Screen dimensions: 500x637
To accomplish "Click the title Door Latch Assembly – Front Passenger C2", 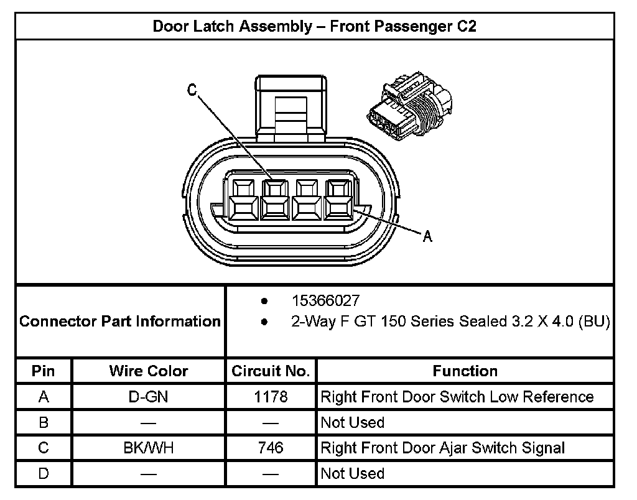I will [315, 27].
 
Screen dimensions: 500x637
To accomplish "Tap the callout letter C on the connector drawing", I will [192, 91].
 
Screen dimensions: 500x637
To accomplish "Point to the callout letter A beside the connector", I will [427, 236].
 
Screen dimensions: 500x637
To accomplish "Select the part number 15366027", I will [325, 301].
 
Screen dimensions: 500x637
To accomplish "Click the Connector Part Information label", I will [120, 322].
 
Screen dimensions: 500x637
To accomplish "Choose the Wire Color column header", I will [148, 371].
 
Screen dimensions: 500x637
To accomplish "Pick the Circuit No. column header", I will [270, 371].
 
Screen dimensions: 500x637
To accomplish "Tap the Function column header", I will [465, 371].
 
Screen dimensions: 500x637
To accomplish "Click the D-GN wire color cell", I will [148, 397].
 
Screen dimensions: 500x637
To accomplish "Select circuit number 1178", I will [271, 397].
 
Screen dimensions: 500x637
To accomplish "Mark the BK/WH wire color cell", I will [148, 448].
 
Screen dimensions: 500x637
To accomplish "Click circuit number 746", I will [271, 448].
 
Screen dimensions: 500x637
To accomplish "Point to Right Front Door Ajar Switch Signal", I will [442, 448].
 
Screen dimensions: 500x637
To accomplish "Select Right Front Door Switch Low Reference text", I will [457, 397].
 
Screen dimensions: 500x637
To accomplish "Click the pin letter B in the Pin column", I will [44, 422].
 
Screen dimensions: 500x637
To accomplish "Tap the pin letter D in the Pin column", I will [44, 473].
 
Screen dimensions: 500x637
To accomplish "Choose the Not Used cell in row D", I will [352, 473].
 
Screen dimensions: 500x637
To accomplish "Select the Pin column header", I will [44, 371].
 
